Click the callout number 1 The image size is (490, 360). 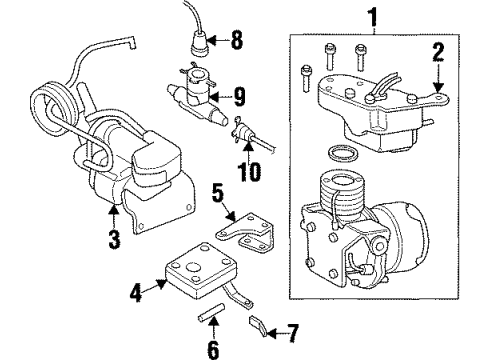[x=375, y=17]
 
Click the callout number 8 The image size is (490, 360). [x=236, y=43]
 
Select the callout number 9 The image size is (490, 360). [x=240, y=98]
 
